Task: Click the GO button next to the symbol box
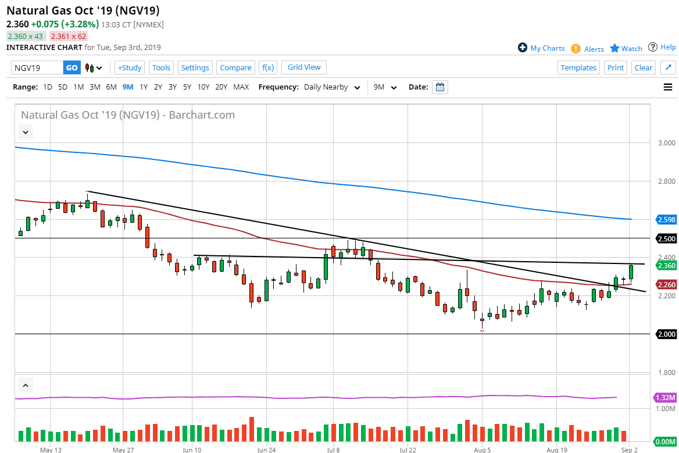[x=72, y=67]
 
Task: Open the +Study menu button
[x=130, y=67]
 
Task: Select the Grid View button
[x=304, y=67]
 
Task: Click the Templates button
[x=578, y=67]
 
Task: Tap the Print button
[x=616, y=67]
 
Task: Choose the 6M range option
[x=110, y=87]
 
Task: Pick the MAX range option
[x=241, y=87]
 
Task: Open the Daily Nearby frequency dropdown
[x=331, y=87]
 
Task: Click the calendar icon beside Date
[x=440, y=87]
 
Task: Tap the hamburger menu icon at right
[x=667, y=87]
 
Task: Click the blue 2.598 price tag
[x=666, y=219]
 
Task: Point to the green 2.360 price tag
[x=666, y=265]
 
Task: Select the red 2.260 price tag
[x=666, y=284]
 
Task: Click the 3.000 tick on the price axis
[x=666, y=143]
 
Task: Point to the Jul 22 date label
[x=408, y=450]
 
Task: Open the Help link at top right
[x=662, y=47]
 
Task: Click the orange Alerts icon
[x=576, y=49]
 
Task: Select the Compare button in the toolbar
[x=235, y=67]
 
